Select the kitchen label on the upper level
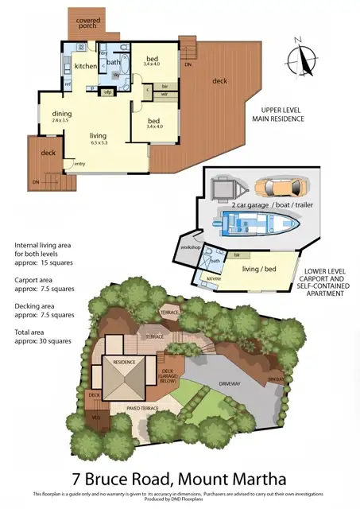86,66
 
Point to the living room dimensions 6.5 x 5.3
99,143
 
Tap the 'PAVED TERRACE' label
143,408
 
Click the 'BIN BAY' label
275,380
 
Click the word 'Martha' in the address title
257,480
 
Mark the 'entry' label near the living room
79,164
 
